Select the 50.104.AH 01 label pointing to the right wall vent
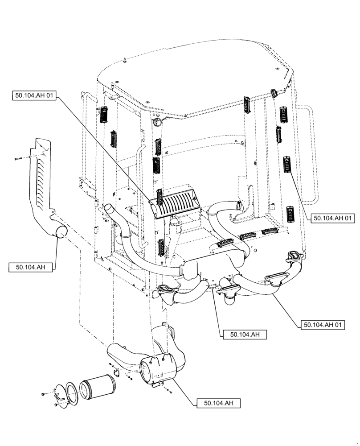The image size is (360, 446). click(333, 218)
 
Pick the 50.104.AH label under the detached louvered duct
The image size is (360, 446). click(30, 267)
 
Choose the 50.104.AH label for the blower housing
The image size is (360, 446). click(219, 403)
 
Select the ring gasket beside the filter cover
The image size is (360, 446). click(71, 389)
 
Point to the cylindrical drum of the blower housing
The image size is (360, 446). click(154, 369)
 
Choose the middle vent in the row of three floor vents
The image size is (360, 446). click(247, 237)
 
